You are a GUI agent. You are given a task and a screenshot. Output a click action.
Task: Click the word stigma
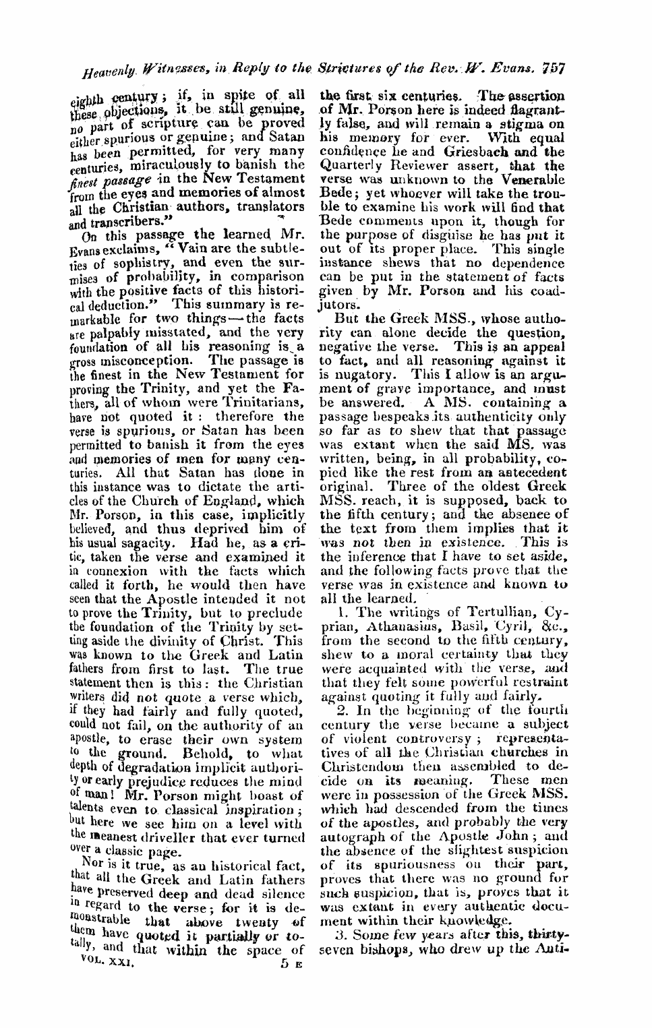[533, 126]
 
